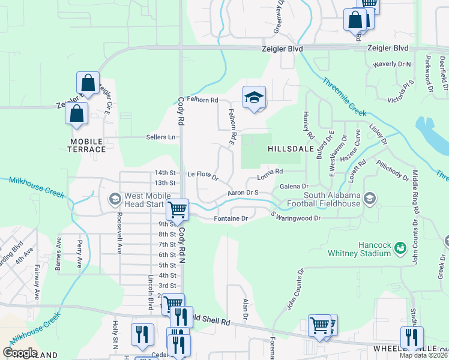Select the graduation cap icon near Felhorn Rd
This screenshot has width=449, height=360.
[x=254, y=98]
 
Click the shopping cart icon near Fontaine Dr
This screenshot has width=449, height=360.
[x=177, y=210]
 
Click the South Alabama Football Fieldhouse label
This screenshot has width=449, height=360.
[x=332, y=200]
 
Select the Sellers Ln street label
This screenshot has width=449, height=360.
[x=161, y=137]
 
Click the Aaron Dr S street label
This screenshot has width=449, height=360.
[x=243, y=193]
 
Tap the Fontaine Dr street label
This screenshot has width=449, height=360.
[x=231, y=219]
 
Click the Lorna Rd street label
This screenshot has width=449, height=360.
[x=270, y=174]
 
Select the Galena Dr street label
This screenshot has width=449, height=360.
[x=294, y=187]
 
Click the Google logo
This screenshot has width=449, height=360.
[x=20, y=353]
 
